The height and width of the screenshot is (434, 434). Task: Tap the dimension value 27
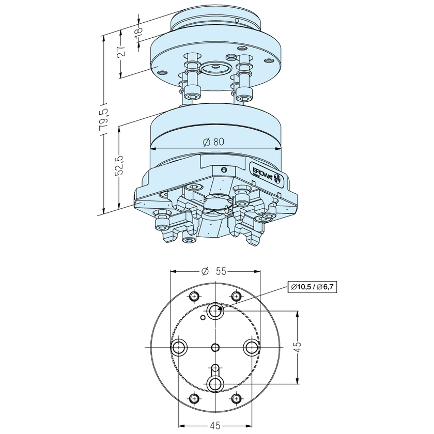[120, 53]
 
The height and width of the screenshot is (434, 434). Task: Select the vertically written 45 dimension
[298, 347]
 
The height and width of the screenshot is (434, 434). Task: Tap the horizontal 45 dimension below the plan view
[215, 425]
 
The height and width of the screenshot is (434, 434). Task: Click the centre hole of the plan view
[215, 347]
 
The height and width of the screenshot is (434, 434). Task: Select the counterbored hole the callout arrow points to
[215, 311]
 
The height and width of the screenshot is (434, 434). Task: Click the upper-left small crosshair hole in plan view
[194, 296]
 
